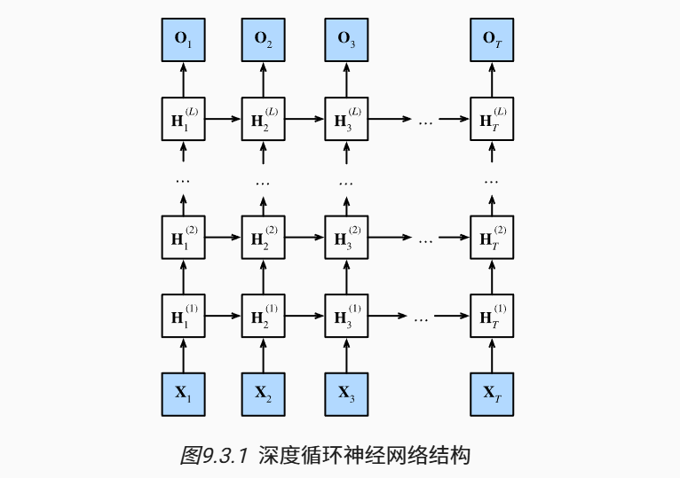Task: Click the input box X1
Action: tap(183, 393)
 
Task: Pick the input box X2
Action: tap(264, 393)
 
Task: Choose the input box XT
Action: tap(492, 393)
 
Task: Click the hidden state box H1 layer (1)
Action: tap(183, 315)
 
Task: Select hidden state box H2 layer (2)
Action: tap(264, 237)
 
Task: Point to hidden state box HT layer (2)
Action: tap(492, 237)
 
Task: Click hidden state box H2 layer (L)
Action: tap(264, 118)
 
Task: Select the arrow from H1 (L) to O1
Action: tap(183, 78)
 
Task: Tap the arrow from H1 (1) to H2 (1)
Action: tap(223, 315)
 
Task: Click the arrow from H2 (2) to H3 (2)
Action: tap(304, 237)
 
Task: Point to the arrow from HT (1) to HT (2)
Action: tap(492, 276)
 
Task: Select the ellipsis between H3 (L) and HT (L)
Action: tap(424, 119)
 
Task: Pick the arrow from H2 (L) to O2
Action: tap(264, 78)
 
